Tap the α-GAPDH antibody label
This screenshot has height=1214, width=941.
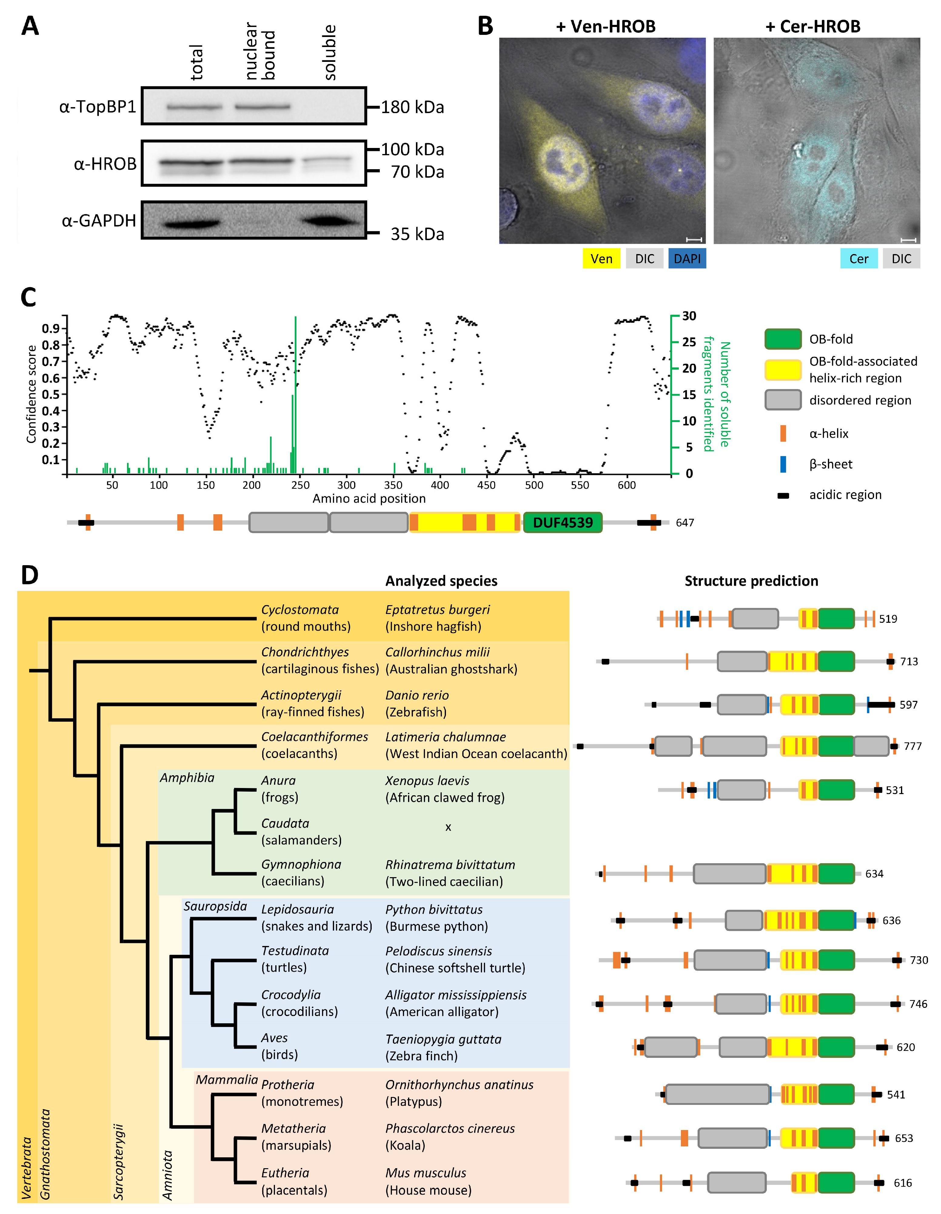[x=99, y=221]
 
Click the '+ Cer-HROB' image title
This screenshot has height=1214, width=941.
[x=812, y=26]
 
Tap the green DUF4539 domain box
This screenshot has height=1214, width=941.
[x=562, y=522]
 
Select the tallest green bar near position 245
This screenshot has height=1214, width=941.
[x=295, y=395]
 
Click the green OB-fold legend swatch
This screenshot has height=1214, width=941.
[x=782, y=338]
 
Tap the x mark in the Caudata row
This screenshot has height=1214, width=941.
[x=448, y=827]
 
